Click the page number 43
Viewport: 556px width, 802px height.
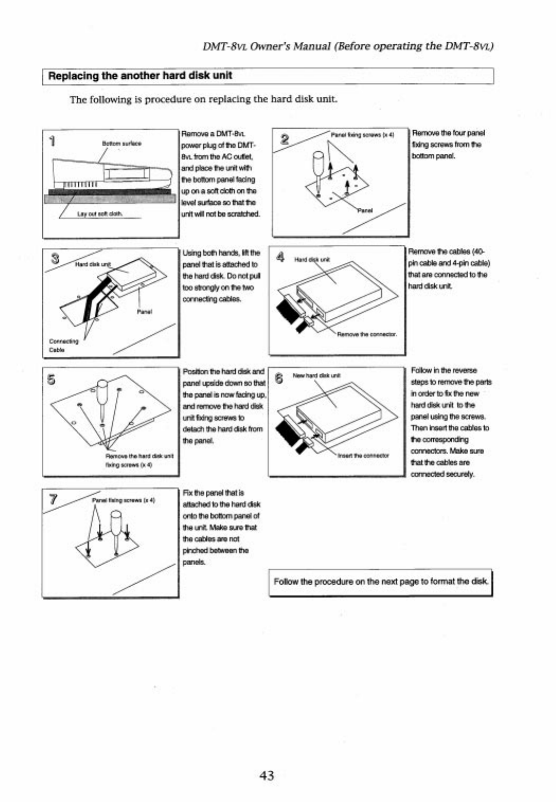click(x=267, y=776)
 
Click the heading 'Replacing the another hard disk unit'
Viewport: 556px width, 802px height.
click(x=140, y=76)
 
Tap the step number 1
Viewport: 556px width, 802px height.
click(x=52, y=140)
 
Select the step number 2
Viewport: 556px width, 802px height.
click(x=284, y=139)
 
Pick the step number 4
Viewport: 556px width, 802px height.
click(x=281, y=257)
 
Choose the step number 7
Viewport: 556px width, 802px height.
click(x=53, y=499)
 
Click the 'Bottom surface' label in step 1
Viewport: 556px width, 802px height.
click(x=121, y=143)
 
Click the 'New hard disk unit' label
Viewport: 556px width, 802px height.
click(x=316, y=376)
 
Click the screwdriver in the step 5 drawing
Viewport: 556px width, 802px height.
click(x=104, y=398)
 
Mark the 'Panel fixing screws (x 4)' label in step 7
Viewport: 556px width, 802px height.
click(x=123, y=500)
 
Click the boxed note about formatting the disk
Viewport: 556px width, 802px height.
click(x=380, y=582)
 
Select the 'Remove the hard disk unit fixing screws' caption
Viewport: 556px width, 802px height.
click(x=140, y=459)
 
